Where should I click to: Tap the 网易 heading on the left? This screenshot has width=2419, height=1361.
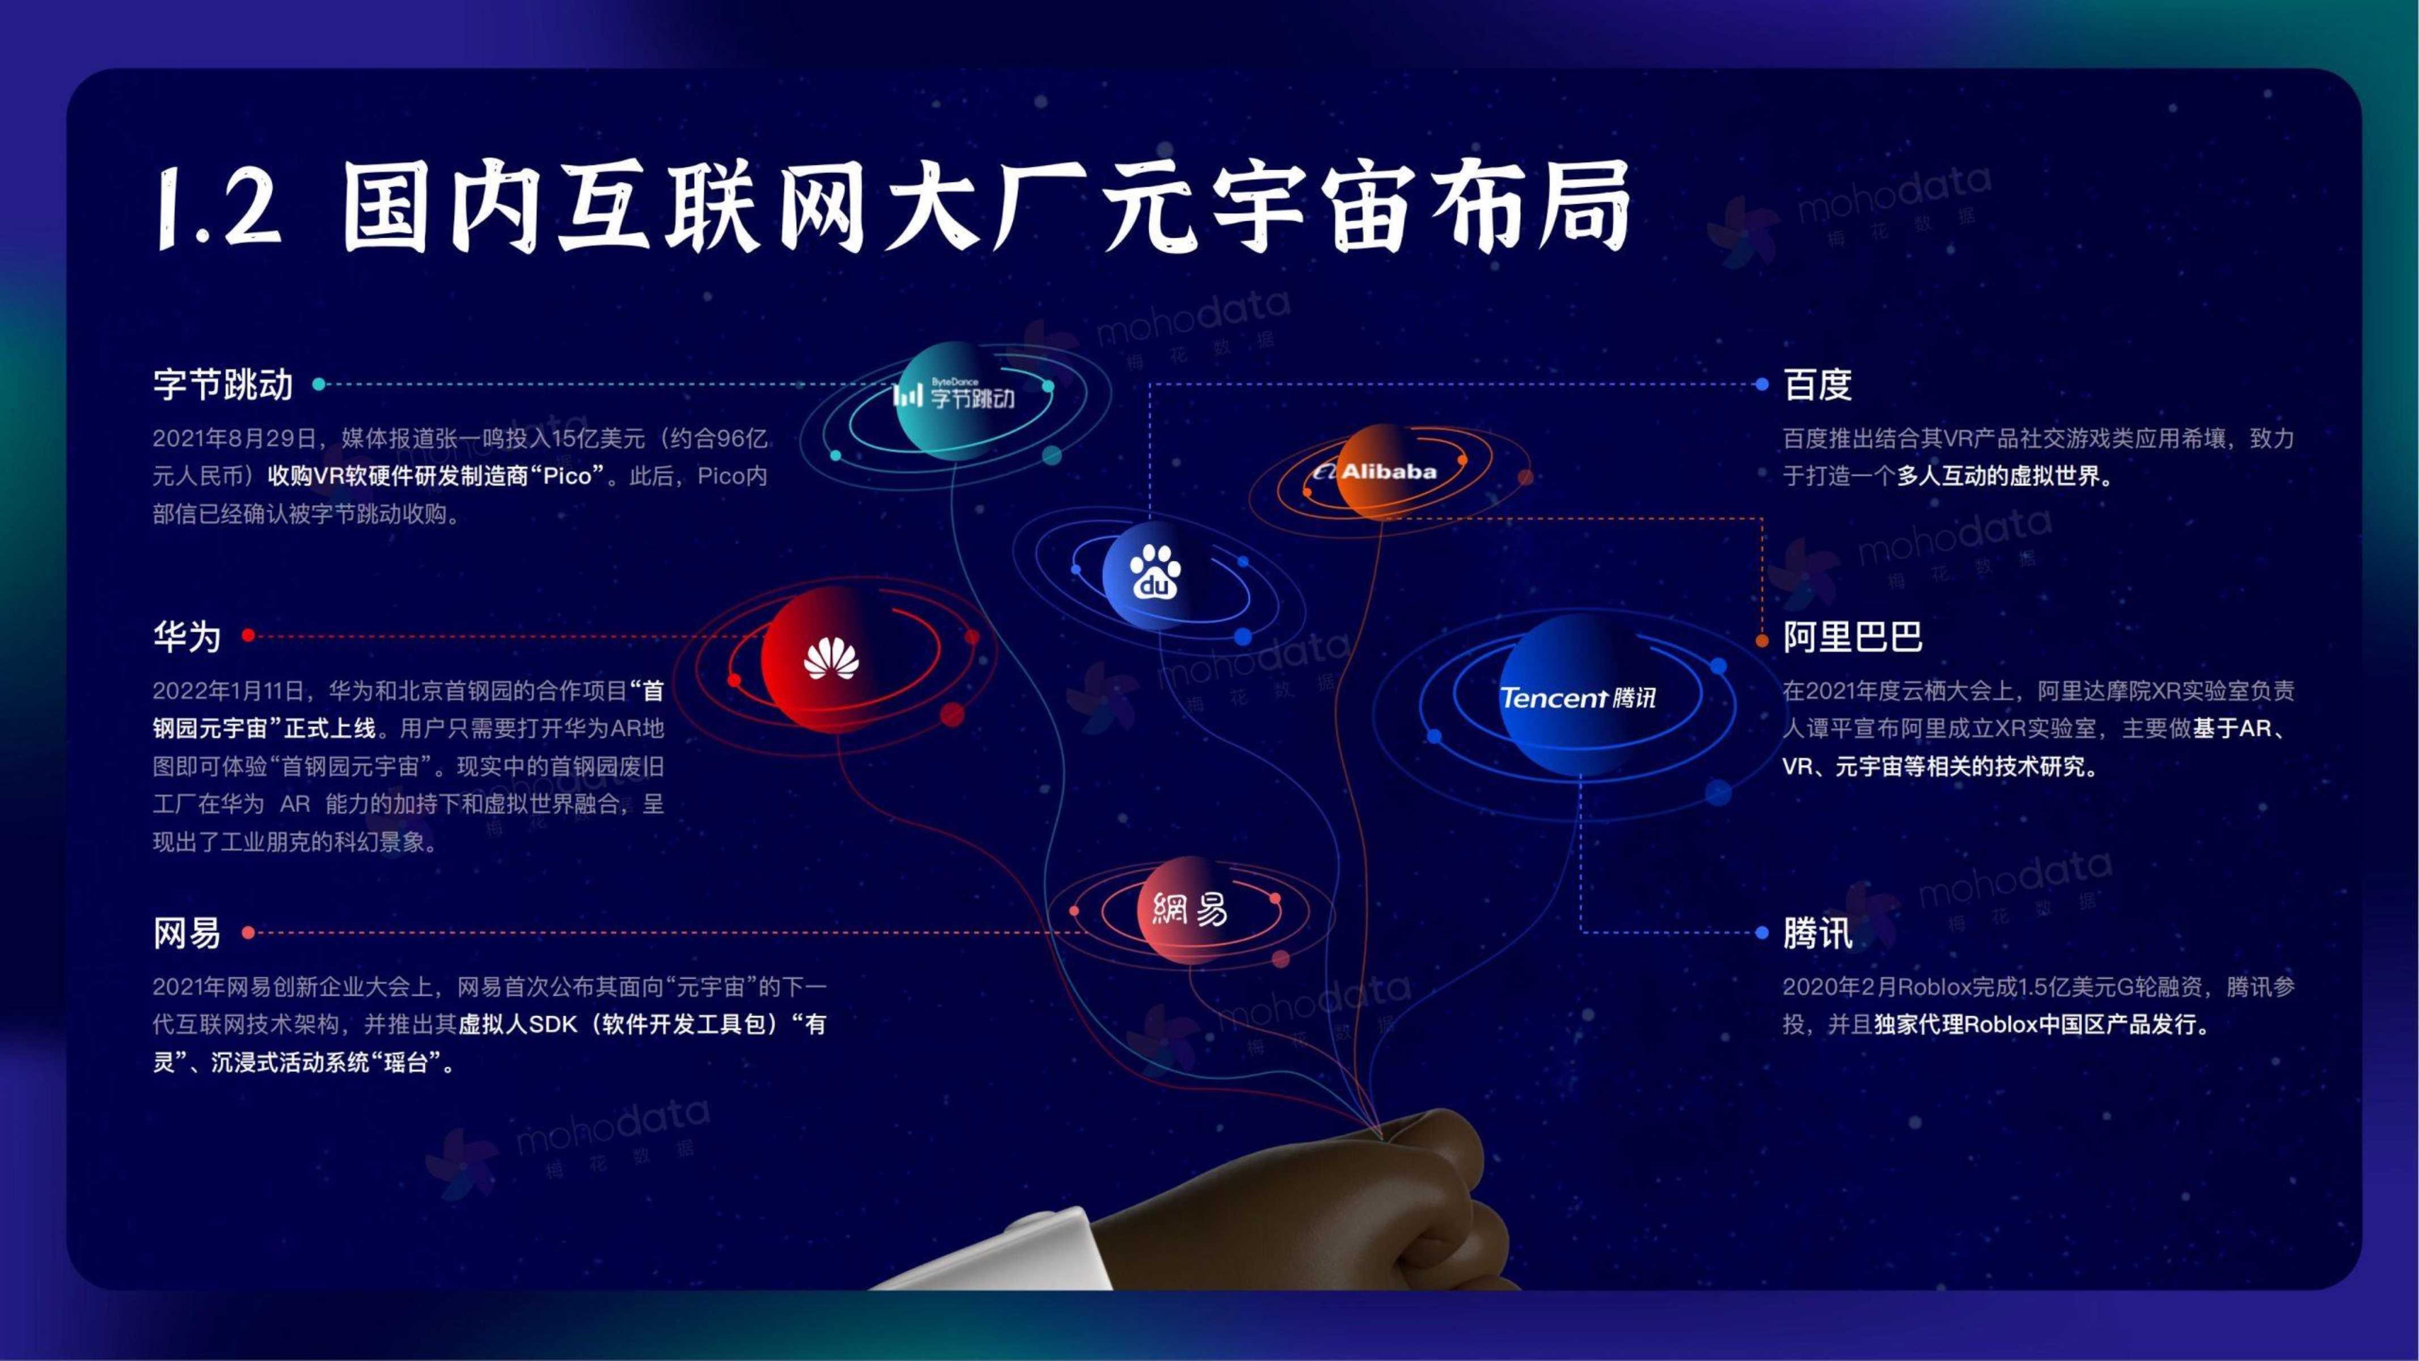tap(187, 933)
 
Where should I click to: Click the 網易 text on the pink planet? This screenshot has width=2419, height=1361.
tap(1190, 908)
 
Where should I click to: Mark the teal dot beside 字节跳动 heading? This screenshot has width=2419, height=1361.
tap(318, 384)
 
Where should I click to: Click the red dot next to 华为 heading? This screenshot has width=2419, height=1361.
tap(248, 636)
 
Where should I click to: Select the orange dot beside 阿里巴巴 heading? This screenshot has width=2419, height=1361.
tap(1762, 641)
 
